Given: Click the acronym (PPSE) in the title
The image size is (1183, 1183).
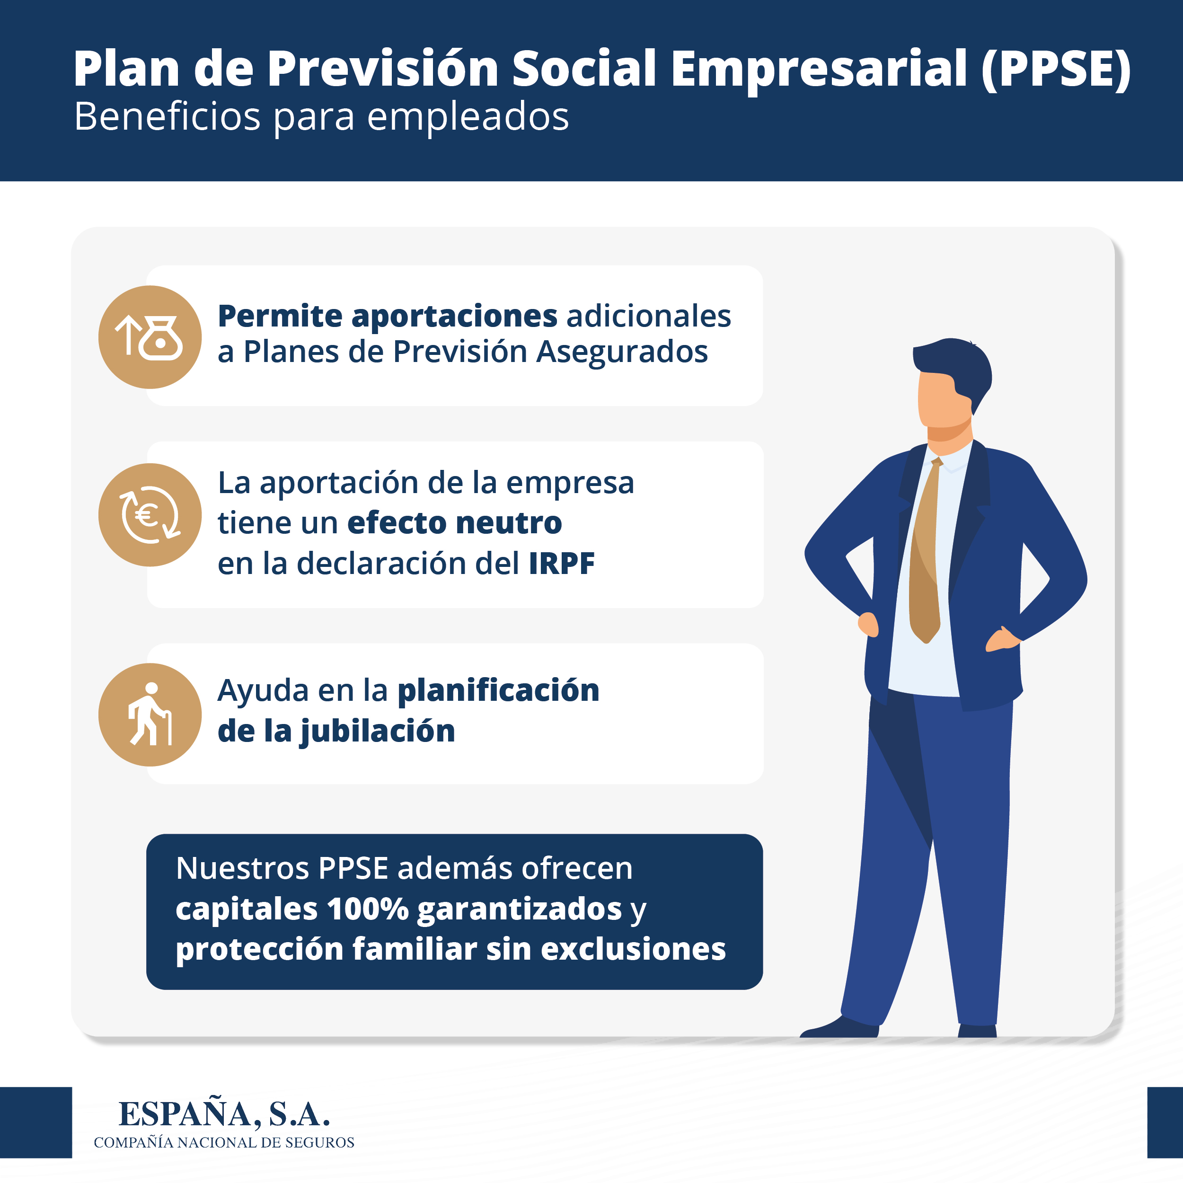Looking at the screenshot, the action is pyautogui.click(x=1056, y=69).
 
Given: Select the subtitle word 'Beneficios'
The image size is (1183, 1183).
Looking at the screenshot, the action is pyautogui.click(x=167, y=116).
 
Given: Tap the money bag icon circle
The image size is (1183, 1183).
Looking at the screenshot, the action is pyautogui.click(x=150, y=337).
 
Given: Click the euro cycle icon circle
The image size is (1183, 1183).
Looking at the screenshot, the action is pyautogui.click(x=150, y=514).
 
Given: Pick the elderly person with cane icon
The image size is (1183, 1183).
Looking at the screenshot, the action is pyautogui.click(x=150, y=715).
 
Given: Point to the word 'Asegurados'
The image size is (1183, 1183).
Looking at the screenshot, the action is pyautogui.click(x=622, y=352).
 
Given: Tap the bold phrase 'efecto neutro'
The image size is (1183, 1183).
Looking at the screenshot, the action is pyautogui.click(x=454, y=523).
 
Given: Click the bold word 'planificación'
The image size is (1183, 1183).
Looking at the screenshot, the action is pyautogui.click(x=498, y=691).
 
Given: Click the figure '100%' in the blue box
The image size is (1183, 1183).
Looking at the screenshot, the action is pyautogui.click(x=368, y=909).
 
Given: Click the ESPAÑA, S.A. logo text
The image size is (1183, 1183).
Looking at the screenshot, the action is pyautogui.click(x=224, y=1114).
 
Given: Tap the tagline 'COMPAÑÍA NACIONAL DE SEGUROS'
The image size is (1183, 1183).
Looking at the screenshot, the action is pyautogui.click(x=224, y=1143).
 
